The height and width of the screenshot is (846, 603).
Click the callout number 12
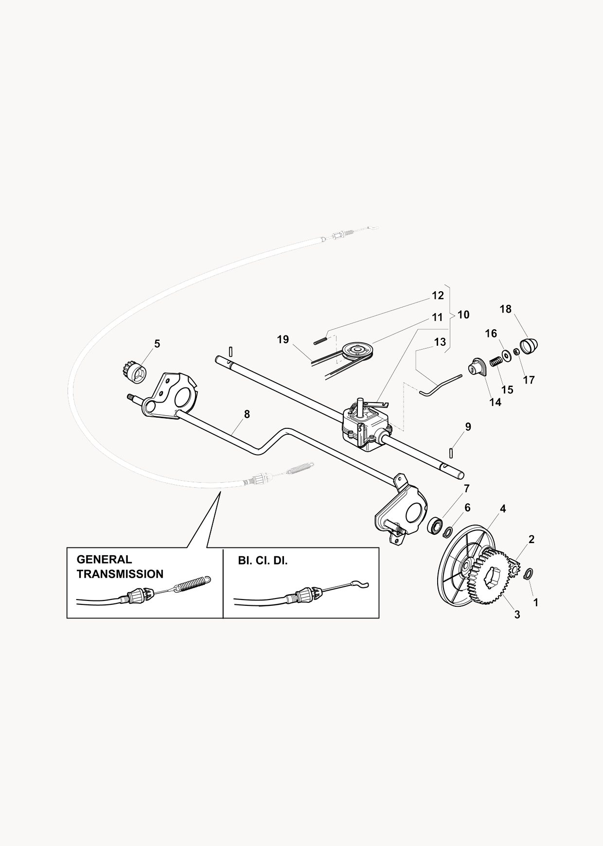[438, 296]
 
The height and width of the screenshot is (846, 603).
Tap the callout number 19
[283, 339]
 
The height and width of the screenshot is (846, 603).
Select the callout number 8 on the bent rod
[247, 414]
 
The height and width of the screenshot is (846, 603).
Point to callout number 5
[157, 344]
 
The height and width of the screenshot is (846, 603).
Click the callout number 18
[506, 309]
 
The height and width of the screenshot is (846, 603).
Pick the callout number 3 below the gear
[517, 615]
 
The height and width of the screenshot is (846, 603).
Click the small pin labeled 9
[452, 453]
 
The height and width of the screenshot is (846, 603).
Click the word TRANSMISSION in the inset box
[120, 574]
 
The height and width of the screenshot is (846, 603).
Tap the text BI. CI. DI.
[263, 561]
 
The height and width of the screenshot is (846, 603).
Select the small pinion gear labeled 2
[514, 567]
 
